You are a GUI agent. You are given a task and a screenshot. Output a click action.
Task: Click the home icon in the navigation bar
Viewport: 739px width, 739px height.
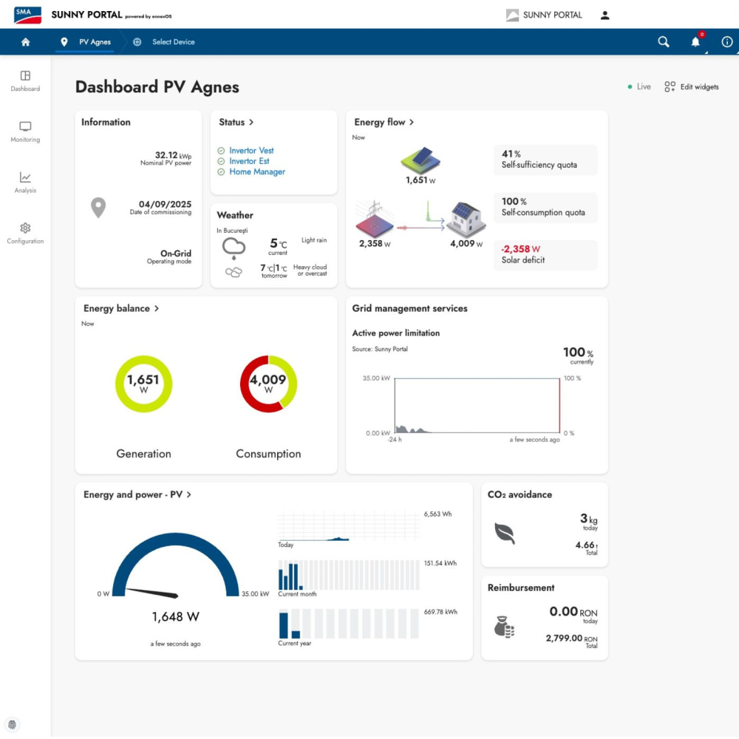pyautogui.click(x=25, y=42)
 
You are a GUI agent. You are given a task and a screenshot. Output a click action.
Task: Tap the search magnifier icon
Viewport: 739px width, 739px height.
pyautogui.click(x=663, y=42)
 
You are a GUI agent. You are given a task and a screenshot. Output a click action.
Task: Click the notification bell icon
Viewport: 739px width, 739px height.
pyautogui.click(x=695, y=42)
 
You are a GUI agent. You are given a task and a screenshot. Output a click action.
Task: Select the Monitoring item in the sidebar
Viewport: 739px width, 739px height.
pyautogui.click(x=25, y=132)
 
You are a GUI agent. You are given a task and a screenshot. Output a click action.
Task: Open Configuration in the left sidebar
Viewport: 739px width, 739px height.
pyautogui.click(x=25, y=234)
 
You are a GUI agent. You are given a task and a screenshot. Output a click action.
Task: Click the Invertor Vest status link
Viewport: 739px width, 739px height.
pyautogui.click(x=251, y=150)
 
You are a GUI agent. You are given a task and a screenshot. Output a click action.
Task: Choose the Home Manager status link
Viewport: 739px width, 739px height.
pyautogui.click(x=257, y=172)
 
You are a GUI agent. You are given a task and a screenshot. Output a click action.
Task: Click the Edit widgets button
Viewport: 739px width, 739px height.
pyautogui.click(x=692, y=86)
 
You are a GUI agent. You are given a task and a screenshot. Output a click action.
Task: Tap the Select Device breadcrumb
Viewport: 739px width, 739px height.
pyautogui.click(x=173, y=42)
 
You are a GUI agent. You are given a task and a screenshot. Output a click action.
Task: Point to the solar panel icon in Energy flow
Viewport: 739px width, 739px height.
pyautogui.click(x=420, y=160)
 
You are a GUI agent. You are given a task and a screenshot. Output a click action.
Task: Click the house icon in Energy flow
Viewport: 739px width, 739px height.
pyautogui.click(x=466, y=219)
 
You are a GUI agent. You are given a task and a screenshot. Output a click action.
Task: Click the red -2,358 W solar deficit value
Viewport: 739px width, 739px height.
pyautogui.click(x=520, y=249)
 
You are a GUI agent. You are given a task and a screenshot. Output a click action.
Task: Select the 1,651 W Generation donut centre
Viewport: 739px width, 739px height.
pyautogui.click(x=143, y=383)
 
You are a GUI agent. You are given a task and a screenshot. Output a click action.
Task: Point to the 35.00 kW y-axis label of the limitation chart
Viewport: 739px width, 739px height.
pyautogui.click(x=376, y=378)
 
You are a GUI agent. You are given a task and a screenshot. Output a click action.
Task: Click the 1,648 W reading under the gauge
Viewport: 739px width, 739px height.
pyautogui.click(x=175, y=616)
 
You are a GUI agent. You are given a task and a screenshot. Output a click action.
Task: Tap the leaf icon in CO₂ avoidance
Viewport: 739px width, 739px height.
pyautogui.click(x=504, y=533)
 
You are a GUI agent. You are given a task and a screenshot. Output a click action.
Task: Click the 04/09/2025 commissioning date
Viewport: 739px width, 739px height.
pyautogui.click(x=165, y=204)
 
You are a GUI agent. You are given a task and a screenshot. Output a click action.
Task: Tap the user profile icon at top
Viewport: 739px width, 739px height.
pyautogui.click(x=605, y=15)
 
